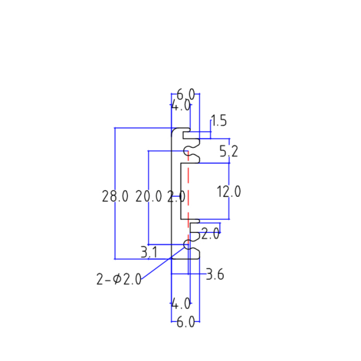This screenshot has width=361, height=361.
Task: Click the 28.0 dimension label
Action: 115,197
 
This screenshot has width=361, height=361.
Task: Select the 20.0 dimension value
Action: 149,197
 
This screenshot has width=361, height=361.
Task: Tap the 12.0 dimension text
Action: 229,192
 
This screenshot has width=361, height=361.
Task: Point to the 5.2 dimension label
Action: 228,151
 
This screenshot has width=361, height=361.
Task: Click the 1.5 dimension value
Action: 218,121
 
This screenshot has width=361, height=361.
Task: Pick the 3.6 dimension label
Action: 215,275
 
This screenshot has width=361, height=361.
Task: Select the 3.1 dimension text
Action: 148,252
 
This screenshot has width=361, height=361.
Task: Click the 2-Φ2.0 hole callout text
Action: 119,279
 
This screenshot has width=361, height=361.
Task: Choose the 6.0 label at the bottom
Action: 186,322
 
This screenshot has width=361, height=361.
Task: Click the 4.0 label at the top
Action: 181,105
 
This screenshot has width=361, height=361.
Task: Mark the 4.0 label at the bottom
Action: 181,304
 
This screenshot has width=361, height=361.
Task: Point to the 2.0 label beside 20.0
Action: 177,197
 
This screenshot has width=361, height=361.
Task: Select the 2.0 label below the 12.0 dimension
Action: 210,234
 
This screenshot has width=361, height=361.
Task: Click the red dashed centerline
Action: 189,192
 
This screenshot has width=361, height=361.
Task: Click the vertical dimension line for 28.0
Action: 115,169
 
